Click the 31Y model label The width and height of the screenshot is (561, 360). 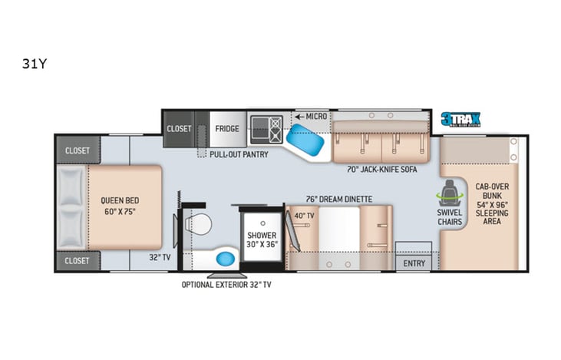point(35,64)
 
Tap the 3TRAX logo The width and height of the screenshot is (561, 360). point(460,119)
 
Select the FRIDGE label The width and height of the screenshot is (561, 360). point(226,128)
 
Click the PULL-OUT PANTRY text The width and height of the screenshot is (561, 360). point(239,154)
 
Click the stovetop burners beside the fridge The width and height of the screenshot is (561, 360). point(266,130)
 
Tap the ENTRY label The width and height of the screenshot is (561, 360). point(414,263)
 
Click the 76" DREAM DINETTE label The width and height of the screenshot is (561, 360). point(339,199)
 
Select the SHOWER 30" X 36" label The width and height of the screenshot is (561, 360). point(259,239)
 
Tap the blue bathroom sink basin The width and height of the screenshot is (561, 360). point(226,259)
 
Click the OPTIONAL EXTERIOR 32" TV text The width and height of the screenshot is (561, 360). point(226,284)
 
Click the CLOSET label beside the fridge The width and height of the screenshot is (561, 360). point(179,128)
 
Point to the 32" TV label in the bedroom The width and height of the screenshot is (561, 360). point(160,258)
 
